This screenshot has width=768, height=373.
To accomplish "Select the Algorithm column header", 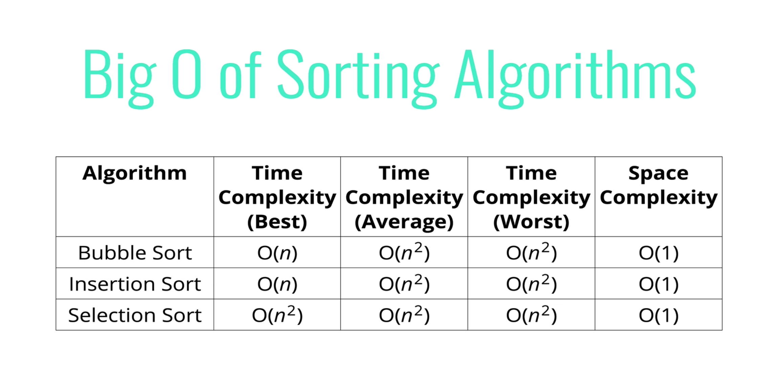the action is tap(135, 174).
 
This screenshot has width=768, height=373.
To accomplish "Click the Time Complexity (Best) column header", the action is tap(277, 198).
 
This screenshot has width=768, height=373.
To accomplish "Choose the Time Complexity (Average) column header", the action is tap(404, 198).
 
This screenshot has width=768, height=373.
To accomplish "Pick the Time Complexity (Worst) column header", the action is tap(531, 198).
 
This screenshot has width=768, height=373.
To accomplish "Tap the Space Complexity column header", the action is tap(658, 185).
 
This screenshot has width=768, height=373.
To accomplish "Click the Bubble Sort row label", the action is tap(135, 253).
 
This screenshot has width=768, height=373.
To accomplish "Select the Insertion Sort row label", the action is tap(135, 284).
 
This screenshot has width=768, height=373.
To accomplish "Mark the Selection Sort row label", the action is tap(135, 315).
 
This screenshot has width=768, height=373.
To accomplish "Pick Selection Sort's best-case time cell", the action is tap(277, 315).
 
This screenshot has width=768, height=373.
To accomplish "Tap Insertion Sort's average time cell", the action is tap(404, 283).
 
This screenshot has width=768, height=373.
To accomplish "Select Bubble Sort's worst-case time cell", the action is tap(531, 252).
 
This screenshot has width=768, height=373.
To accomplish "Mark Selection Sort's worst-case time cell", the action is tap(531, 315).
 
